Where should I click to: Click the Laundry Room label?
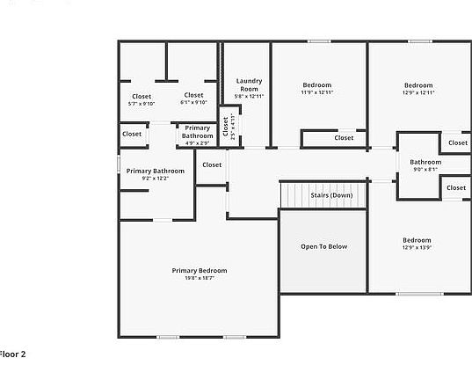(x=249, y=85)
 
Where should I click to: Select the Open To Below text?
(x=323, y=246)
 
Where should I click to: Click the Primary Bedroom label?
(x=200, y=271)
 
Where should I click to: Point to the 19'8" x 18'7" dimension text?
(x=200, y=279)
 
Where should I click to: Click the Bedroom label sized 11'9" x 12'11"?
(x=317, y=85)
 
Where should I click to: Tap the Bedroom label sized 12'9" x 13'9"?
(x=417, y=240)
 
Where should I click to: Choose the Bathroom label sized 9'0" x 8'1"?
(x=425, y=162)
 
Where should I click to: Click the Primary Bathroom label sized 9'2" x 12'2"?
(x=156, y=171)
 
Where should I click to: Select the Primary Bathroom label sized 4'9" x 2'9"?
(x=197, y=132)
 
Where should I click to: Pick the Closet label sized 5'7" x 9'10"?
(x=142, y=96)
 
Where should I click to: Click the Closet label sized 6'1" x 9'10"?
(x=193, y=95)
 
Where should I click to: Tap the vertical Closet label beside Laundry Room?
(x=226, y=127)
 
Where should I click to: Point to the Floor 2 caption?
(x=13, y=354)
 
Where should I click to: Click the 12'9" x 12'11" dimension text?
(x=418, y=92)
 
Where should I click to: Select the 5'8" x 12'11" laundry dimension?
(x=249, y=96)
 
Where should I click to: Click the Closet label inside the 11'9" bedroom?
(x=344, y=137)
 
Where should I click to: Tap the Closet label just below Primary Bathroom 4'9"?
(x=212, y=164)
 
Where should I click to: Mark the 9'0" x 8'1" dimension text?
(x=425, y=169)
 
